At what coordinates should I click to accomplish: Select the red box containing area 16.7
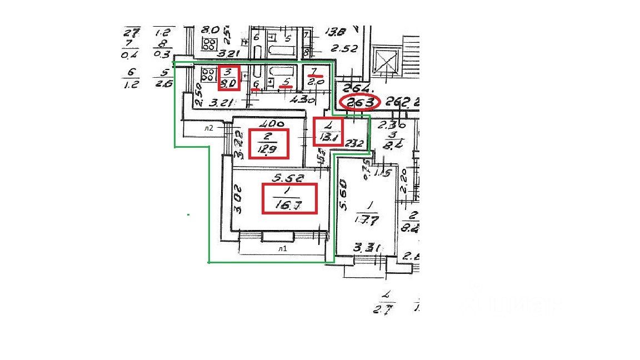[x=289, y=198]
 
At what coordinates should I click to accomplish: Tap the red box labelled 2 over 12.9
[x=269, y=144]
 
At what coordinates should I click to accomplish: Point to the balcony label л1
[x=283, y=249]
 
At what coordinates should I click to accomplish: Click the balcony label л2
[x=208, y=127]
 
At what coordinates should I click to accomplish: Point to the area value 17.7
[x=366, y=218]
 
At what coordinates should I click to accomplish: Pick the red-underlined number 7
[x=314, y=72]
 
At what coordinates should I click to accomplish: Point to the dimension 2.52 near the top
[x=345, y=48]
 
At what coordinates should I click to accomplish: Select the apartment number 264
[x=353, y=88]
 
